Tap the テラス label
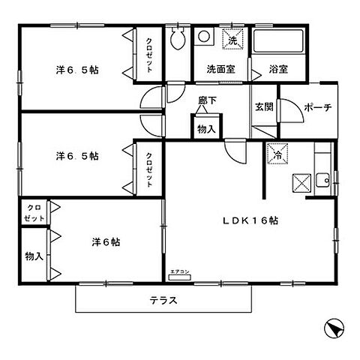tap(162, 301)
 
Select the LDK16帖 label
tap(249, 220)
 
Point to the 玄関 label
tap(262, 106)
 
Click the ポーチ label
tap(317, 107)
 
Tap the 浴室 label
tap(278, 69)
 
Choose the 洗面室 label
tap(220, 69)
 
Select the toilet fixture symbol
tap(178, 41)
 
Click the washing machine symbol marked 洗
tap(233, 40)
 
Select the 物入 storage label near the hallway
tap(206, 129)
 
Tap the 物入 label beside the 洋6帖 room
tap(33, 256)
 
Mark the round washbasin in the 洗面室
tap(205, 38)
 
